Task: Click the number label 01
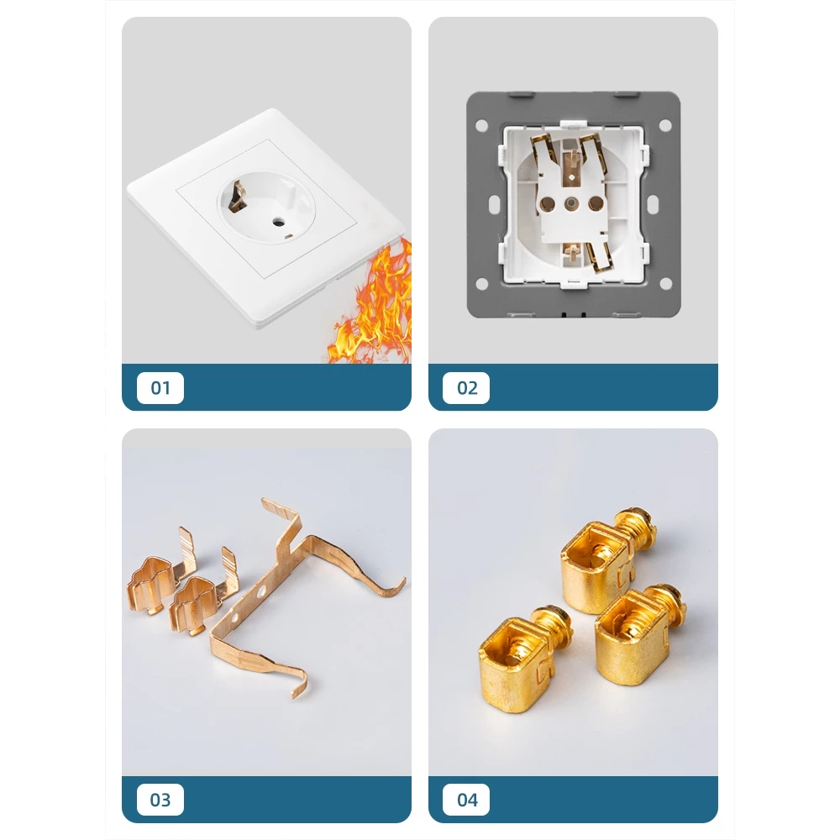pyautogui.click(x=160, y=387)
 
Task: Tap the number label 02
pyautogui.click(x=466, y=387)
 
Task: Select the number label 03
pyautogui.click(x=160, y=800)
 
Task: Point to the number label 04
pyautogui.click(x=466, y=800)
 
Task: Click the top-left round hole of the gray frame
pyautogui.click(x=481, y=125)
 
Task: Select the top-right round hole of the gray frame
pyautogui.click(x=664, y=125)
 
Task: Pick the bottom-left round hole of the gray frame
pyautogui.click(x=481, y=283)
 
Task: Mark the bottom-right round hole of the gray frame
pyautogui.click(x=664, y=283)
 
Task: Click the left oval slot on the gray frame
pyautogui.click(x=494, y=204)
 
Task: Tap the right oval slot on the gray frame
pyautogui.click(x=653, y=204)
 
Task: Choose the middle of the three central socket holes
pyautogui.click(x=571, y=203)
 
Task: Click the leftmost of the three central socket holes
pyautogui.click(x=548, y=203)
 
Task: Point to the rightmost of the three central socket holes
pyautogui.click(x=596, y=203)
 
